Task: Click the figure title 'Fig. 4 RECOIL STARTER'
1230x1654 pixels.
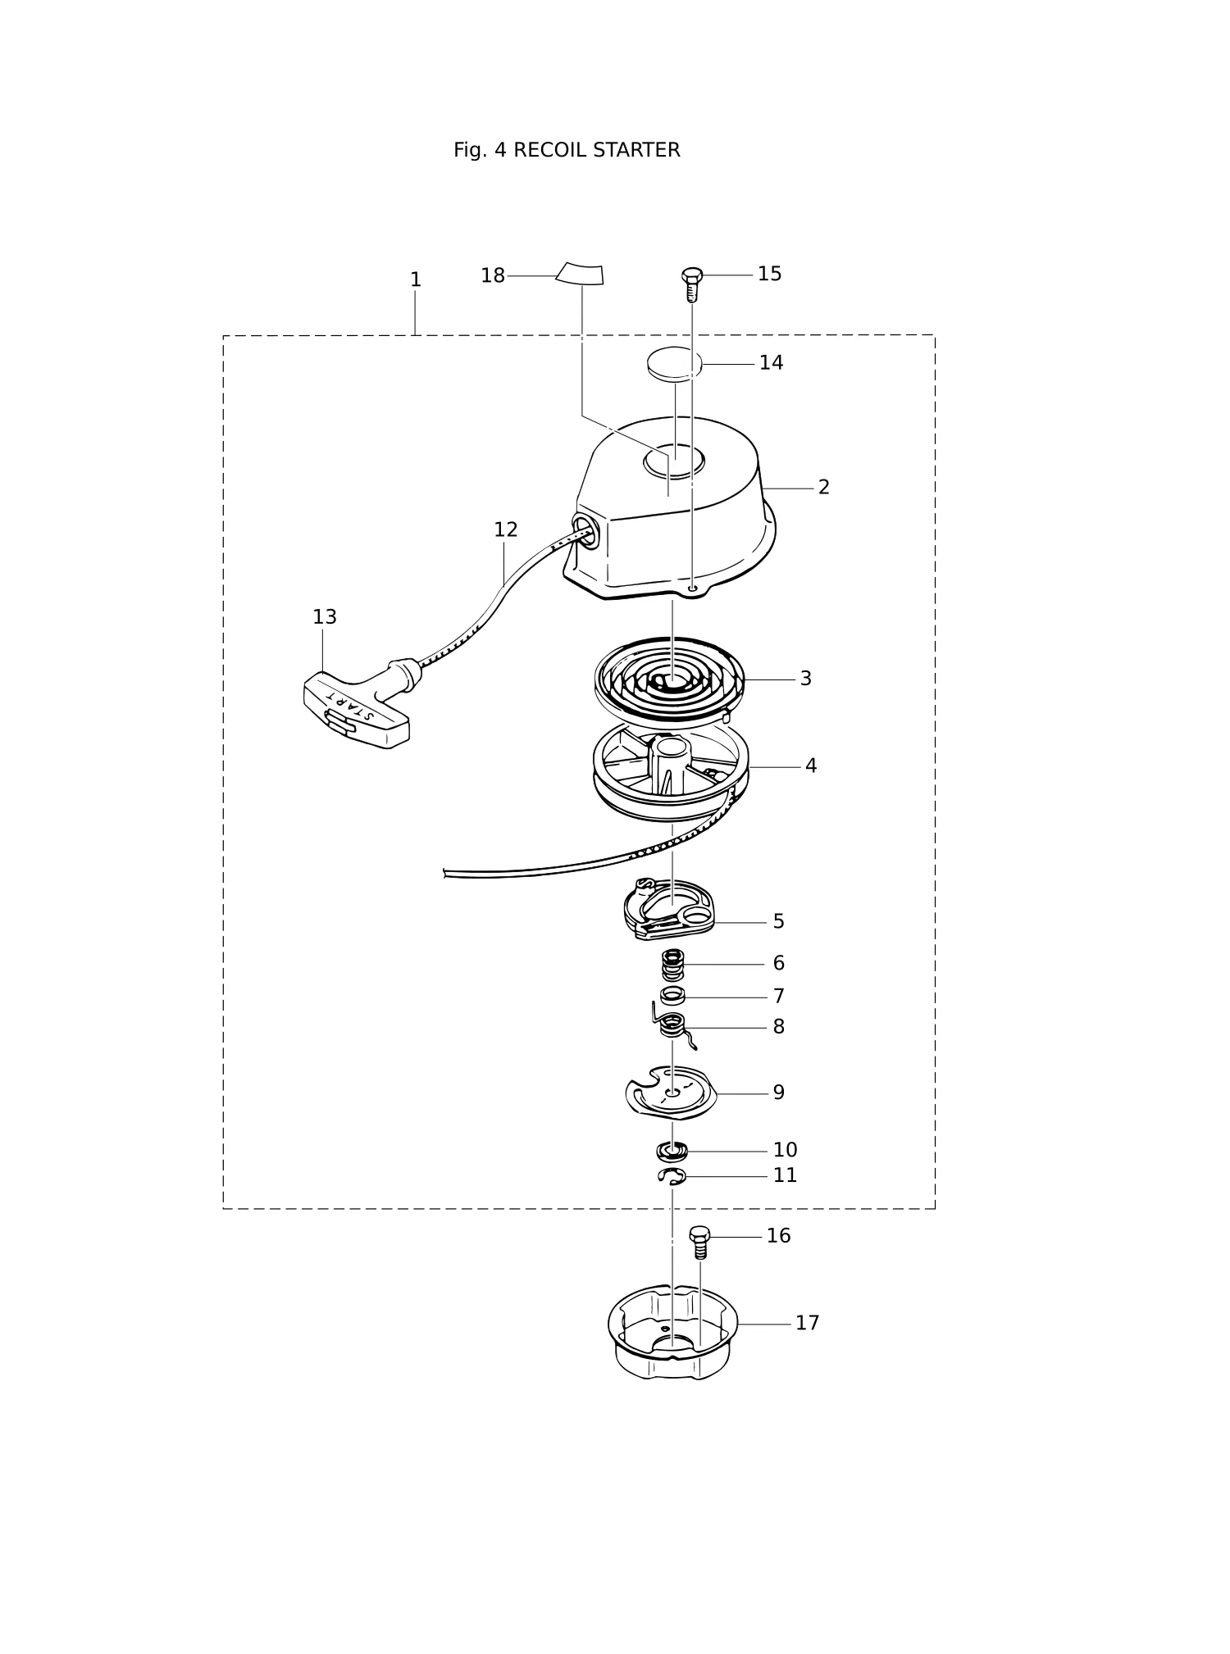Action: [567, 151]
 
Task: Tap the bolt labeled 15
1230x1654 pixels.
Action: [691, 284]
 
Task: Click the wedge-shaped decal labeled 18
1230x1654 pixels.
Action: [580, 274]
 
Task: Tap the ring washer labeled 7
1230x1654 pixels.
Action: [672, 997]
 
